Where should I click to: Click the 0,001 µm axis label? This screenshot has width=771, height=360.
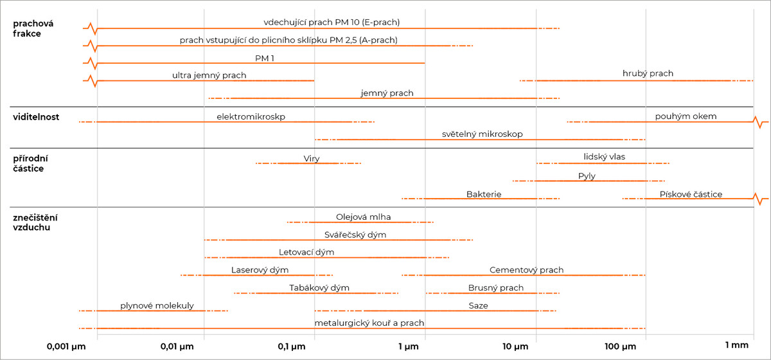tap(66, 346)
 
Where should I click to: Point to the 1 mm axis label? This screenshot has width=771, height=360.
tap(736, 345)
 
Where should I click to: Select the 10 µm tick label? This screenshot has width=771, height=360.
tap(515, 346)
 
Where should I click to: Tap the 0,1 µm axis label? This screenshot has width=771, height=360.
tap(292, 346)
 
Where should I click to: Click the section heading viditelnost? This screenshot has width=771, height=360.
tap(36, 117)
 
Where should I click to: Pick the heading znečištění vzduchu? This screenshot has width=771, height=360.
tap(35, 222)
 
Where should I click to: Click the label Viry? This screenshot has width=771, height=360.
tap(312, 159)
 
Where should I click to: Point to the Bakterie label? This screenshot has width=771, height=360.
tap(484, 194)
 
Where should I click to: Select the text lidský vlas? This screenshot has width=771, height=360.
tap(605, 157)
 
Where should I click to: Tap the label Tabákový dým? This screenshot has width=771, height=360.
tap(319, 287)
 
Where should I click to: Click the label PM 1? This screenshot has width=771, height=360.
tap(264, 59)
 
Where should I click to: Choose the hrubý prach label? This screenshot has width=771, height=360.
tap(648, 73)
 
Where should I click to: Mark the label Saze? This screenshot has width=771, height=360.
tap(478, 305)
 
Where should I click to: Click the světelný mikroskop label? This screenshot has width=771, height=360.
tap(483, 134)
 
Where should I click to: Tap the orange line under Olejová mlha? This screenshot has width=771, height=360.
tap(360, 222)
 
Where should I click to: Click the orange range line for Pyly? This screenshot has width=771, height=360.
tap(589, 181)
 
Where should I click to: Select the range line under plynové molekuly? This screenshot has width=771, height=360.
tap(153, 310)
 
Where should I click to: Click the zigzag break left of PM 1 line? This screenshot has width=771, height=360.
tap(91, 63)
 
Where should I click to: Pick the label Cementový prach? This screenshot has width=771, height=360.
tap(527, 270)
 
